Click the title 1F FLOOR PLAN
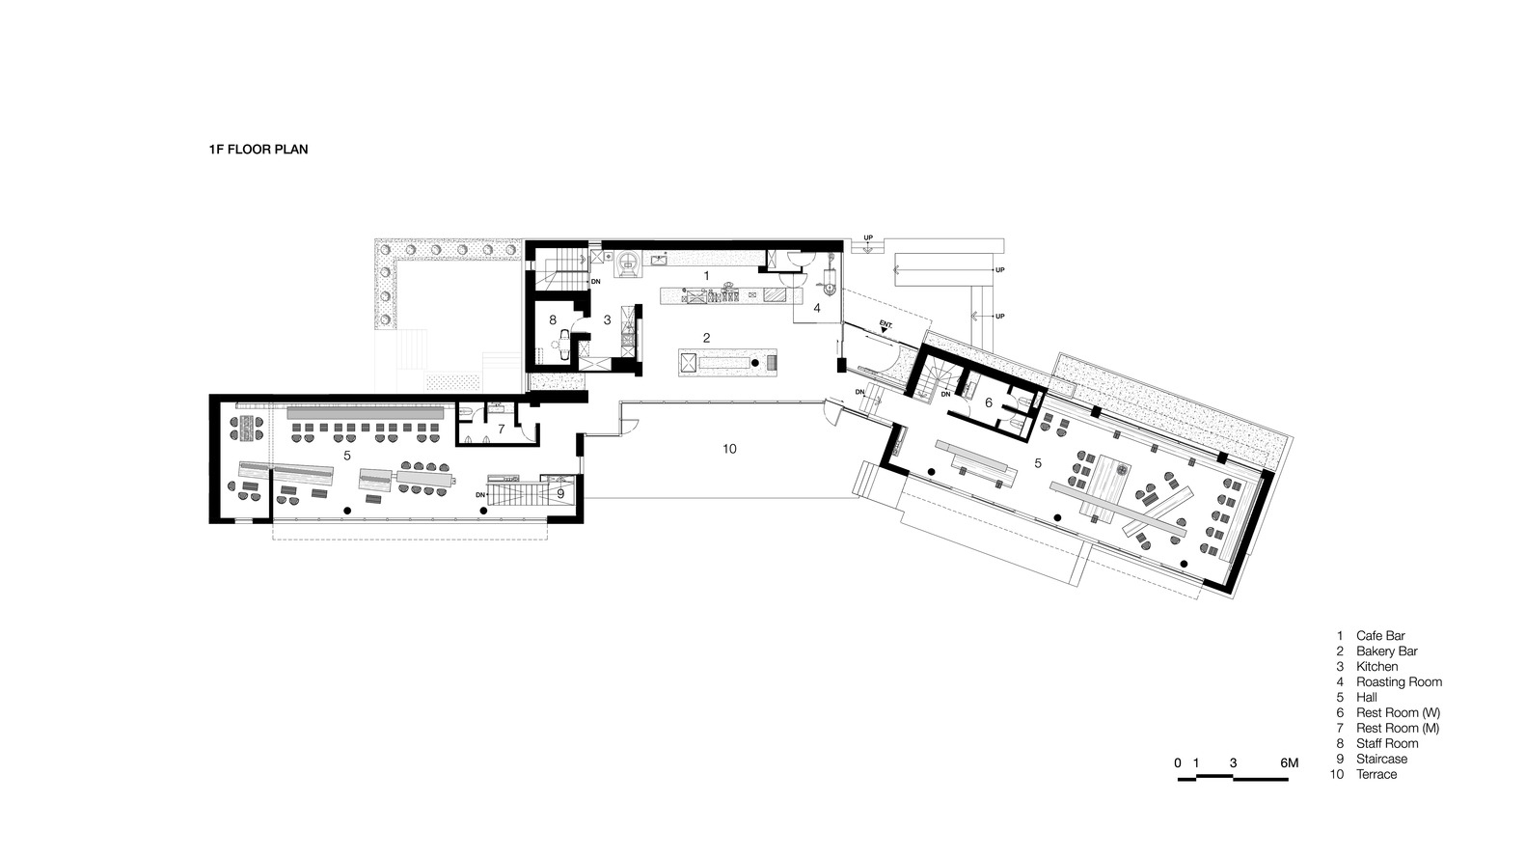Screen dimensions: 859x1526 pos(258,150)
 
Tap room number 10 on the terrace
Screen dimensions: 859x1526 pos(729,449)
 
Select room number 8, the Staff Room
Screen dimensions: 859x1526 pos(553,319)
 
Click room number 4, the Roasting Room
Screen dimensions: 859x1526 pos(816,308)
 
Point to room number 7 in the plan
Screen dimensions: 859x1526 pos(501,429)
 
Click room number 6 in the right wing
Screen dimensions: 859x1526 pos(988,402)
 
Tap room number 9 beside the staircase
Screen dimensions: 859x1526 pos(560,493)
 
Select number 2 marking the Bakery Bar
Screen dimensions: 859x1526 pos(706,338)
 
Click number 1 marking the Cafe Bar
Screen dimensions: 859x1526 pos(706,276)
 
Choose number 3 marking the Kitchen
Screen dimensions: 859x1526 pos(607,319)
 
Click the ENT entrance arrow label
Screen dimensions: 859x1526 pos(886,325)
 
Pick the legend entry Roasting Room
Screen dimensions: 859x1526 pos(1399,681)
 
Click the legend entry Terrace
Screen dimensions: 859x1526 pos(1376,774)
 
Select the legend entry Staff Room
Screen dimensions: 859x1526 pos(1387,743)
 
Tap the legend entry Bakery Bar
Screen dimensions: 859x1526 pos(1386,651)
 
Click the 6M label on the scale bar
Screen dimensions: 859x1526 pos(1289,762)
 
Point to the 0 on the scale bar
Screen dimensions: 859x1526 pos(1178,762)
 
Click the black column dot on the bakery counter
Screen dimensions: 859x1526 pos(770,364)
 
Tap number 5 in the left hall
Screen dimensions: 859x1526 pos(346,453)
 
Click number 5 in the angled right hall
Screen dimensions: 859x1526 pos(1038,463)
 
